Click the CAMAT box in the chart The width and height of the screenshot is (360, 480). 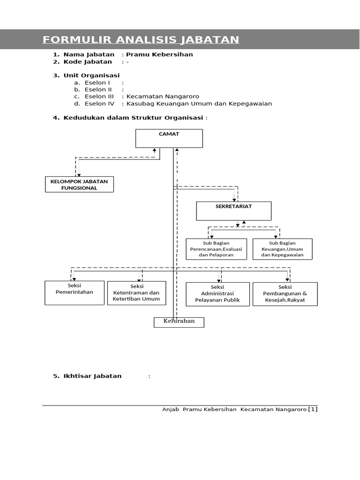(169, 138)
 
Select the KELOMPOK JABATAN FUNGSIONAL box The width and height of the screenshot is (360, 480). (79, 184)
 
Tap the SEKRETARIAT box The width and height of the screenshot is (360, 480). (233, 211)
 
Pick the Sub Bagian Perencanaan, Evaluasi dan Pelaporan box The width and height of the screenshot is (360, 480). (216, 249)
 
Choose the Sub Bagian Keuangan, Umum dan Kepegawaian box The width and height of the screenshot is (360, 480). (282, 249)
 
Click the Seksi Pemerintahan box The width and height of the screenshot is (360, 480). (75, 292)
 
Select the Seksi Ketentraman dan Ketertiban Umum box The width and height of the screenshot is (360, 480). (137, 293)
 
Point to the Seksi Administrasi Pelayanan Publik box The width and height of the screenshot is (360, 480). (217, 294)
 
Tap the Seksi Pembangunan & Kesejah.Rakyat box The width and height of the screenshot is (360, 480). (285, 294)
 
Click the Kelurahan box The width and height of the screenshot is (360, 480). (179, 322)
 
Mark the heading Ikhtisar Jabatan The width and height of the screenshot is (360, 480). (92, 376)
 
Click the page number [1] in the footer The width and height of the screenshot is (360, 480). (313, 409)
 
